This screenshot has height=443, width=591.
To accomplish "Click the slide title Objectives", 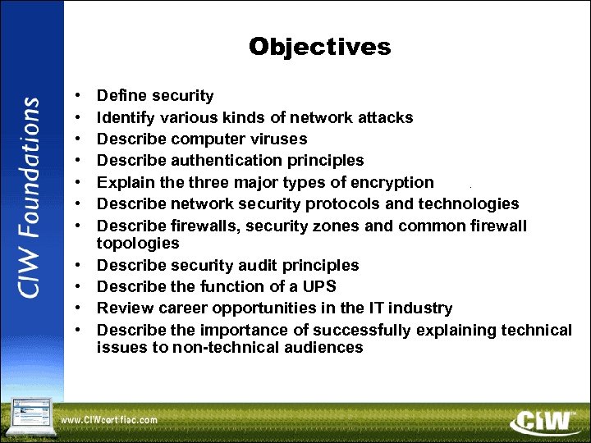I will point(320,47).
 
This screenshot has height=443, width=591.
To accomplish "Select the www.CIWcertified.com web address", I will point(108,419).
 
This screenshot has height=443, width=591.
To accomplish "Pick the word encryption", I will point(389,182).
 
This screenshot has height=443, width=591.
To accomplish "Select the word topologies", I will point(138,243).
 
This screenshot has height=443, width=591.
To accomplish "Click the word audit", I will point(247,265).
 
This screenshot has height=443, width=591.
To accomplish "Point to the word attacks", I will point(385,117).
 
